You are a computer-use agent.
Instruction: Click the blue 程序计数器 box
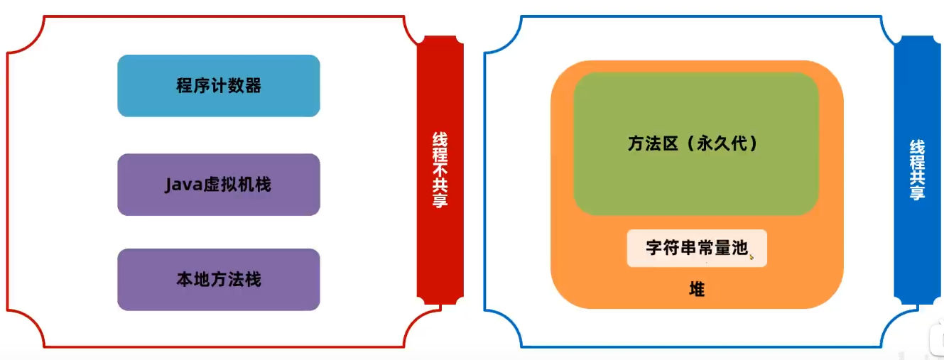[218, 86]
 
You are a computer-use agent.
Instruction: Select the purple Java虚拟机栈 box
[218, 185]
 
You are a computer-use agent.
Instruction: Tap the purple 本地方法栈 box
[218, 279]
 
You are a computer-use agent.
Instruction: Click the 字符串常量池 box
[696, 248]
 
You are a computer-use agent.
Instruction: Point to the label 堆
[697, 290]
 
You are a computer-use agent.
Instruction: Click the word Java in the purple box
[180, 185]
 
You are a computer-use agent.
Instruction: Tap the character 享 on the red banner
[440, 200]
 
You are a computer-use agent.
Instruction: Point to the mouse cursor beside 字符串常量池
[751, 256]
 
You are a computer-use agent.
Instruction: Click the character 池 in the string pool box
[739, 248]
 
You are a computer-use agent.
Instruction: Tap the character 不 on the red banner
[440, 170]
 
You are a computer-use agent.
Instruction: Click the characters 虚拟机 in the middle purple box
[228, 185]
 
